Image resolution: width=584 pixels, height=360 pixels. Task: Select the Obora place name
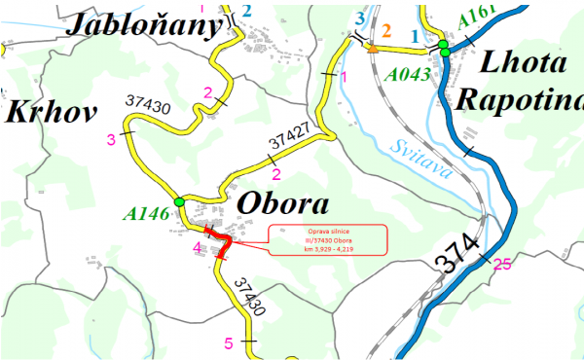(281, 206)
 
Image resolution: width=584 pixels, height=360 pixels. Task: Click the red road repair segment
(222, 243)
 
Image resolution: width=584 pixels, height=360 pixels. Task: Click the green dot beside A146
(179, 201)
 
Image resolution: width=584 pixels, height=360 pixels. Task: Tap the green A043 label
(408, 74)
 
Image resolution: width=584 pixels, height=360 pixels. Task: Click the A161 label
(475, 13)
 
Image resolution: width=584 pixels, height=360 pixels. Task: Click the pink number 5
(229, 342)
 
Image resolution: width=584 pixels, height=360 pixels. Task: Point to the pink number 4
(198, 248)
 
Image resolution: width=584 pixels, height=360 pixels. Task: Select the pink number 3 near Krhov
(111, 139)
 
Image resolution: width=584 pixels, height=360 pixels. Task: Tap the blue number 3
(361, 19)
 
